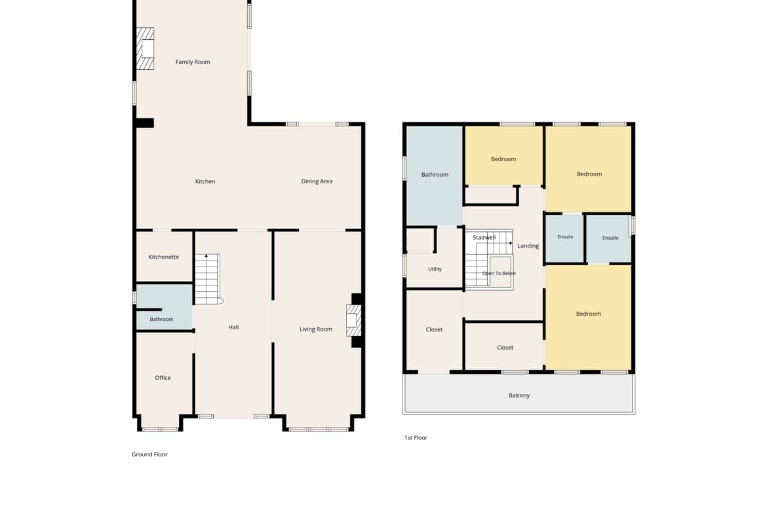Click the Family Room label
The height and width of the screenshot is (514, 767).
click(193, 62)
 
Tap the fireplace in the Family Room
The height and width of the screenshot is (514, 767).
click(146, 48)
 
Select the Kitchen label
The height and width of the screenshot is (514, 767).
click(205, 181)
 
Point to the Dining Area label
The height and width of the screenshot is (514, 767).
click(317, 181)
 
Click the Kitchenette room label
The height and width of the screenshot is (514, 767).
click(163, 257)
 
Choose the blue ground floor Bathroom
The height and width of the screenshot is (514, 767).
click(164, 307)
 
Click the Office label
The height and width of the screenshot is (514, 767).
click(163, 378)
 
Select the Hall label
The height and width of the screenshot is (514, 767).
click(233, 327)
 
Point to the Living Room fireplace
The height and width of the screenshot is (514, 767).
click(353, 321)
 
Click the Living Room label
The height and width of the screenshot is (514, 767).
click(315, 329)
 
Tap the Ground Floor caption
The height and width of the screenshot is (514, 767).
click(149, 454)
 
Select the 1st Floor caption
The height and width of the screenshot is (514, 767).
click(416, 438)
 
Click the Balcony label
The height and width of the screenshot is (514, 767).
click(519, 395)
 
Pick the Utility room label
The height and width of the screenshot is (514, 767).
click(435, 269)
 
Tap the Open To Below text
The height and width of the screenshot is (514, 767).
click(499, 274)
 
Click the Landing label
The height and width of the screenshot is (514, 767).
click(528, 246)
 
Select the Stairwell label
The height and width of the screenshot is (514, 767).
click(484, 238)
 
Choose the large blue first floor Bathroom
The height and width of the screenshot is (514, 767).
click(435, 176)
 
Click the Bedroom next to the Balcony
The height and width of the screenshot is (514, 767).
click(589, 318)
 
